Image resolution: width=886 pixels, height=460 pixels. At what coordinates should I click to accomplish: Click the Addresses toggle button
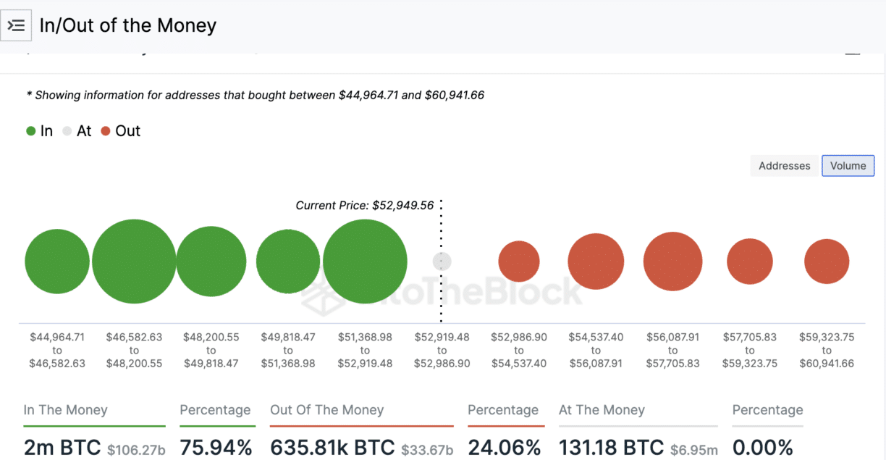click(784, 166)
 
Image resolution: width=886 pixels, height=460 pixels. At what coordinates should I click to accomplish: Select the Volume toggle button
click(848, 166)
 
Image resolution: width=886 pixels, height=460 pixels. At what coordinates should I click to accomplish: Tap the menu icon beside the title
click(16, 26)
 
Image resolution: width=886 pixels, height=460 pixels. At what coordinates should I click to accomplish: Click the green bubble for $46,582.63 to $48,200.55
click(134, 261)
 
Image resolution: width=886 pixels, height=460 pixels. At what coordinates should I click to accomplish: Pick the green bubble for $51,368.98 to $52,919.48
click(365, 261)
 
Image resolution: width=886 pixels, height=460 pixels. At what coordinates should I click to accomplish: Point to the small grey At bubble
click(442, 261)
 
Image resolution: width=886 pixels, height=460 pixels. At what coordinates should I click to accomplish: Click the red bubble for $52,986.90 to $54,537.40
click(519, 262)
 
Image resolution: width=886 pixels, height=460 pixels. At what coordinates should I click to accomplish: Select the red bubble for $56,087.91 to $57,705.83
click(672, 262)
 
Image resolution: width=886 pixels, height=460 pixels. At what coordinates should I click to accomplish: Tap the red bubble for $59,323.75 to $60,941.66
click(827, 262)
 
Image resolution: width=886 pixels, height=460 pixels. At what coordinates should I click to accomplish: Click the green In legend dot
click(31, 131)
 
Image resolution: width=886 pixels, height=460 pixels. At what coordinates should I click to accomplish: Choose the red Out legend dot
click(106, 131)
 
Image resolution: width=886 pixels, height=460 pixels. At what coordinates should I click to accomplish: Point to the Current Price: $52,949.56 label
click(364, 205)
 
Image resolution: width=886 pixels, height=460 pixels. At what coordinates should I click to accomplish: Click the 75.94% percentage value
click(216, 448)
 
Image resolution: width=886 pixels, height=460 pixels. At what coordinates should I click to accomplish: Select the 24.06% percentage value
click(504, 448)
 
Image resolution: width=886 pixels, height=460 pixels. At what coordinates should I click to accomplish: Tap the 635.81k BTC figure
click(332, 448)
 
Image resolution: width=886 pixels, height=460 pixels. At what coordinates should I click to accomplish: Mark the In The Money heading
click(65, 410)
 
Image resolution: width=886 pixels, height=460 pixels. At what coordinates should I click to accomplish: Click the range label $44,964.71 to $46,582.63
click(57, 350)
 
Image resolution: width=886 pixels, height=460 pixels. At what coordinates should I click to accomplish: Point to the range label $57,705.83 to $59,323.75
click(750, 350)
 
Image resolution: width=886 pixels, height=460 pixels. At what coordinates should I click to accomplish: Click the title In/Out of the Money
click(127, 26)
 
